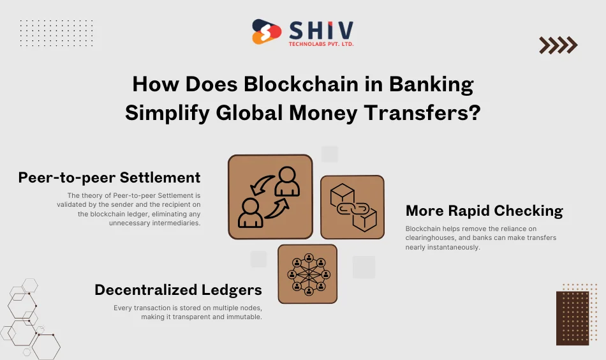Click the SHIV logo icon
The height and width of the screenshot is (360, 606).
coord(267,32)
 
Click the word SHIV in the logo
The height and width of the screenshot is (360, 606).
coord(321,29)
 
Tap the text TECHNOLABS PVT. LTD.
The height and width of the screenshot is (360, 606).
coord(321,43)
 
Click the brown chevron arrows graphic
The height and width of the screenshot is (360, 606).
coord(558,45)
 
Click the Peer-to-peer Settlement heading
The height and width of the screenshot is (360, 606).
coord(110,177)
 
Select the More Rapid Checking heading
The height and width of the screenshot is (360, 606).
coord(484,211)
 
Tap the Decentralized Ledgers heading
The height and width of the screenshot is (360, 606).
coord(178,290)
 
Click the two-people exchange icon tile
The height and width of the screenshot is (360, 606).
coord(270,197)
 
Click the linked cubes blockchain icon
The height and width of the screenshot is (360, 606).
coord(352,207)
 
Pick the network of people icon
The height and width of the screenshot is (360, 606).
coord(307,274)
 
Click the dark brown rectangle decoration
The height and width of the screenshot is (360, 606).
coord(573,318)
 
